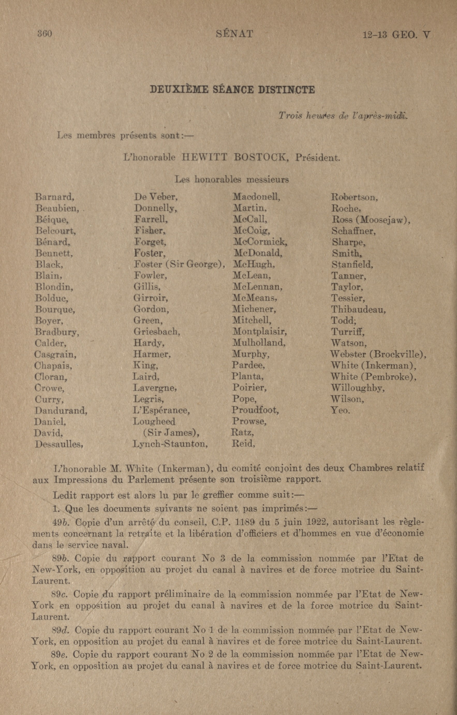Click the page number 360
(45, 34)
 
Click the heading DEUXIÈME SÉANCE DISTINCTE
(232, 90)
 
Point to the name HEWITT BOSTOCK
(235, 157)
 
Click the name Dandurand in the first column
(61, 411)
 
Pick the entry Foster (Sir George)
(179, 264)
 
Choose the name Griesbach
(157, 331)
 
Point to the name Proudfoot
(255, 410)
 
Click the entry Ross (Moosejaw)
(371, 220)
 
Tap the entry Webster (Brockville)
(378, 354)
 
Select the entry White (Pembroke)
(373, 377)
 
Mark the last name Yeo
(340, 411)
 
